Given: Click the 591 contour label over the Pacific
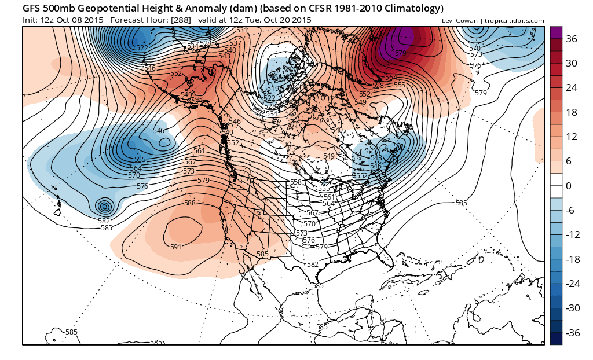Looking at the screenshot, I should pyautogui.click(x=176, y=247).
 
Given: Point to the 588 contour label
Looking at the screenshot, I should pyautogui.click(x=190, y=203).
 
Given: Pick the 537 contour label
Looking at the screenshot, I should pyautogui.click(x=235, y=43).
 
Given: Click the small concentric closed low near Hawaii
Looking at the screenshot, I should pyautogui.click(x=104, y=206).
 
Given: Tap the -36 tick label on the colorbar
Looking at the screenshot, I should pyautogui.click(x=572, y=333).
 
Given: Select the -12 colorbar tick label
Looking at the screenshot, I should pyautogui.click(x=572, y=235).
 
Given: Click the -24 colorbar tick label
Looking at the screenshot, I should pyautogui.click(x=572, y=284).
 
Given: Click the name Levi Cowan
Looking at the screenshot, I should pyautogui.click(x=459, y=21).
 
